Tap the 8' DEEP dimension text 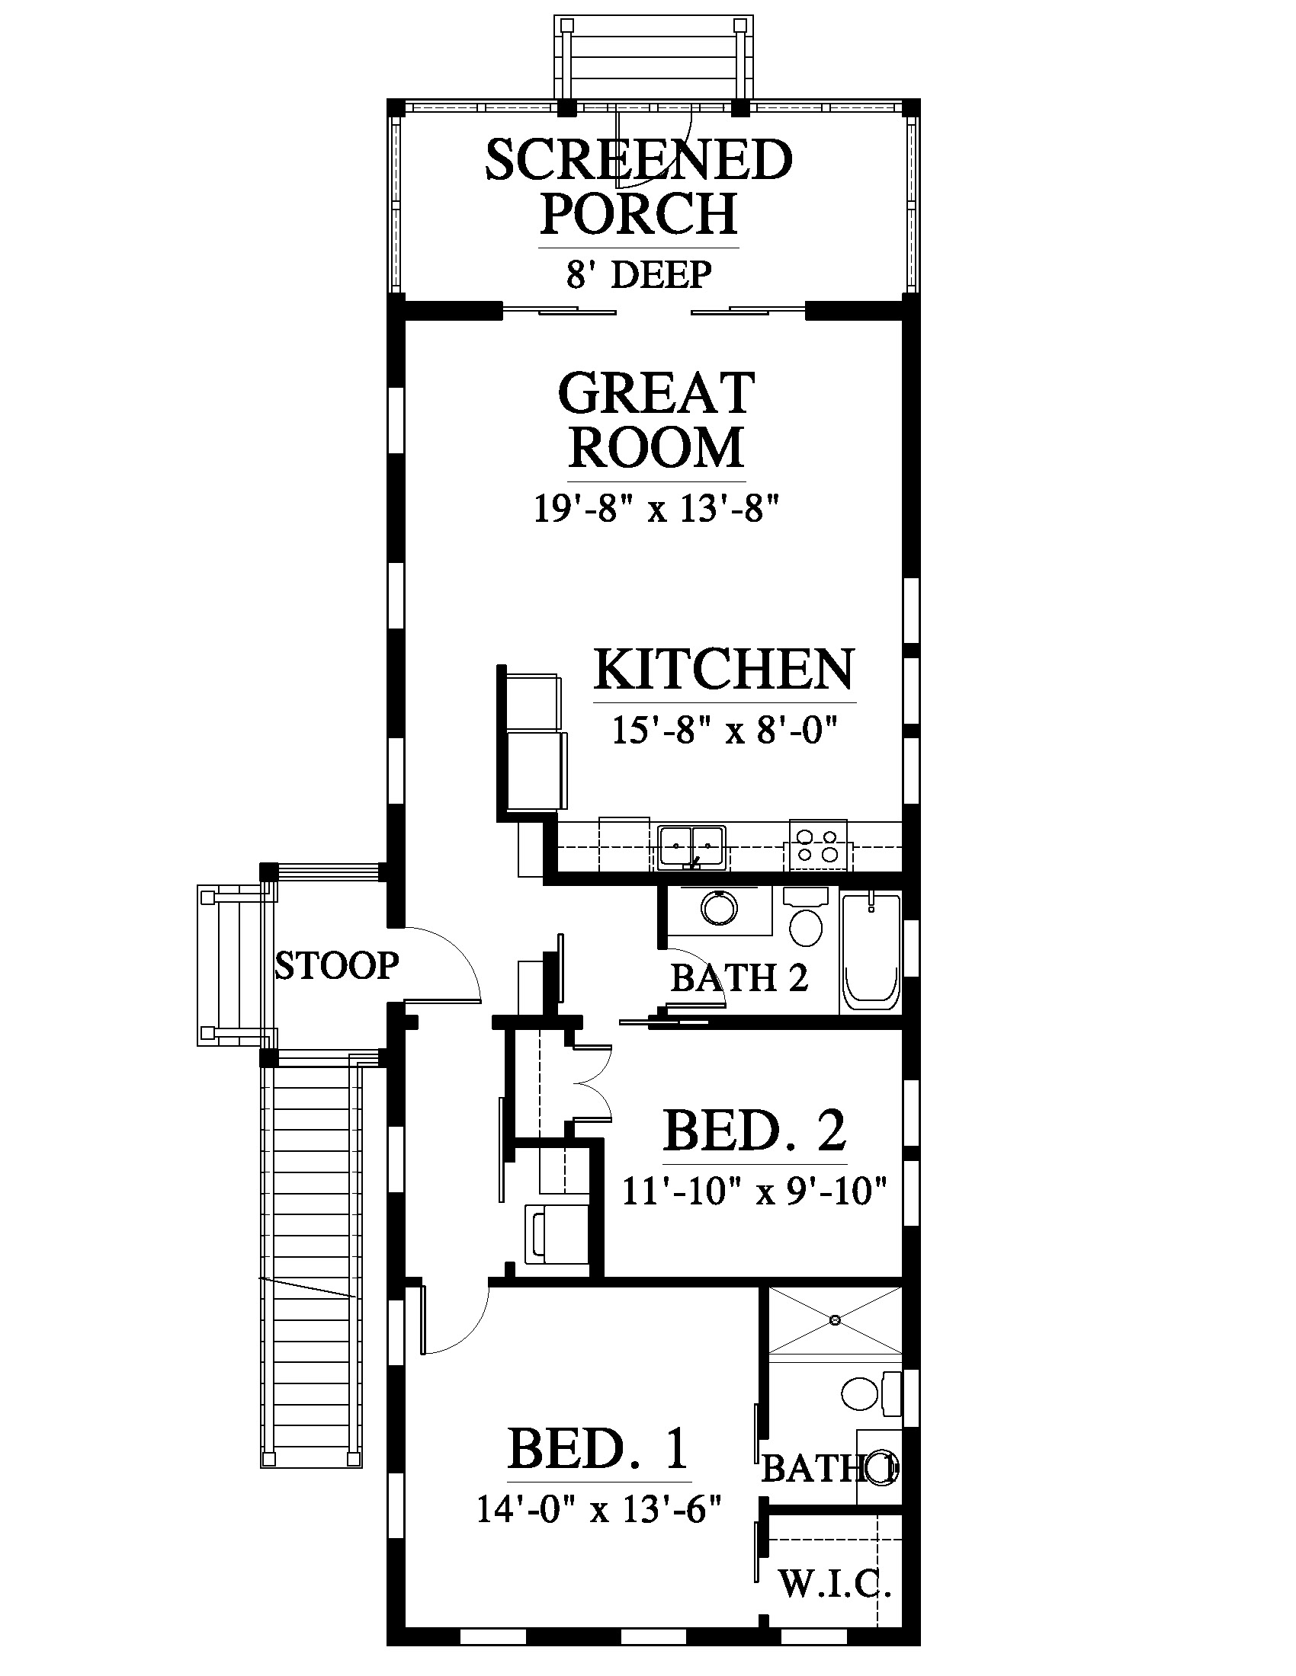639,275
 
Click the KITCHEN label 724,669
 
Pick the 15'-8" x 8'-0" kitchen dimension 723,730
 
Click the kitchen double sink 691,846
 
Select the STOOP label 337,965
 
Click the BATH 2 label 739,978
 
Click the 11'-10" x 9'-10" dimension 755,1191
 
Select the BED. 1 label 599,1448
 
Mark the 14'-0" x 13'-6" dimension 599,1508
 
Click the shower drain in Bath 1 835,1320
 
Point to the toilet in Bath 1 871,1392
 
